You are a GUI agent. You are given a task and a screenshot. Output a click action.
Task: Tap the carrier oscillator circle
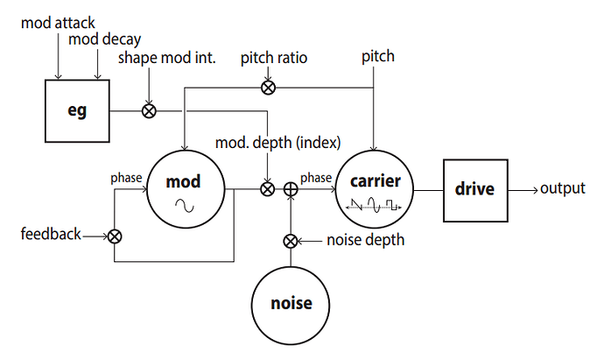click(x=374, y=187)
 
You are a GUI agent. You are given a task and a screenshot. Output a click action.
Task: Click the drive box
click(x=474, y=188)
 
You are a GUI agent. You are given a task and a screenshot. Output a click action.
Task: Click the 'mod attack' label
click(x=58, y=20)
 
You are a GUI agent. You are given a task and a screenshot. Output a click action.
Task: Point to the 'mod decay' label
click(x=104, y=39)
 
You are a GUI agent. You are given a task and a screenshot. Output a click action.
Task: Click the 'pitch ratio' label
click(x=274, y=58)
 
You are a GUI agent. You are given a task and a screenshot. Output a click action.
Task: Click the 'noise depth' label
click(x=366, y=240)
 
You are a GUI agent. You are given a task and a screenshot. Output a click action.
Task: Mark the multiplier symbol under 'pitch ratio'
click(x=269, y=86)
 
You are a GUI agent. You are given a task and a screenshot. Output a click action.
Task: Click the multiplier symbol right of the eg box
click(x=150, y=111)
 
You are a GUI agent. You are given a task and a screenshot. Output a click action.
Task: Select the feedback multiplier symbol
click(x=115, y=236)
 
